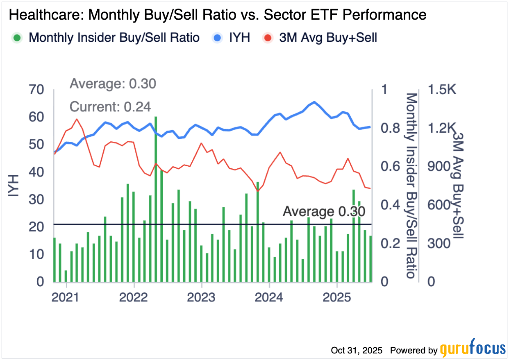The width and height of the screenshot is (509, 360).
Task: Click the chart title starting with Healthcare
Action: coord(218,15)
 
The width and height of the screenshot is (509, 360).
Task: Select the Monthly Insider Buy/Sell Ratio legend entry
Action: coord(107,38)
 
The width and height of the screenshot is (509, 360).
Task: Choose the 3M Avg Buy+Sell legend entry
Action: coord(320,38)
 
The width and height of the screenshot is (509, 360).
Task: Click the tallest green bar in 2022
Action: coord(156,197)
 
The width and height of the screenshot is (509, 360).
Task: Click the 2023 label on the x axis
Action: coord(201,297)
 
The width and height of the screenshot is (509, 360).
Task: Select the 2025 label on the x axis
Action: coord(336,297)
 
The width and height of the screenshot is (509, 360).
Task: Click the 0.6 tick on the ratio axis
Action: coord(390,167)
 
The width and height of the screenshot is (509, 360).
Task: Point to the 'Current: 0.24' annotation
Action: coord(110,107)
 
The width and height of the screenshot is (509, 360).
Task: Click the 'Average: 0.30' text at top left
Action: coord(113,84)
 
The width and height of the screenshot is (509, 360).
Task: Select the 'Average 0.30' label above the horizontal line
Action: coord(324,212)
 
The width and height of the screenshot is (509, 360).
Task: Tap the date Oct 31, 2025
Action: coord(357,351)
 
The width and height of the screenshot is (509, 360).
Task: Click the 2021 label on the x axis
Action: coord(66,297)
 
